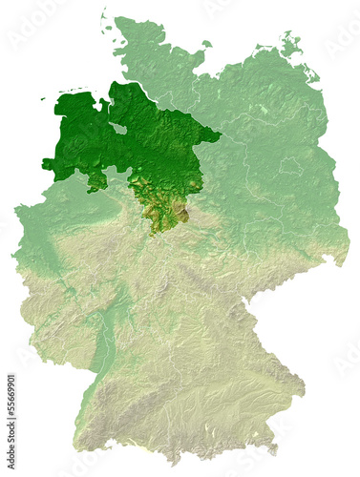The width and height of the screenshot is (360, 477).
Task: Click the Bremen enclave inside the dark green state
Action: [117, 127]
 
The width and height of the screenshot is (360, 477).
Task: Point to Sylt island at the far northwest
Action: [103, 19]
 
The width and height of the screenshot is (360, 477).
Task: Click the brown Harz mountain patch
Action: [184, 216]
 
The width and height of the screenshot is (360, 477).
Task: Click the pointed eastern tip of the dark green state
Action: [221, 136]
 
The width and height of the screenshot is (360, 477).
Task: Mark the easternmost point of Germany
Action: [349, 256]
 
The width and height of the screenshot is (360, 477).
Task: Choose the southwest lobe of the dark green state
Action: [95, 182]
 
